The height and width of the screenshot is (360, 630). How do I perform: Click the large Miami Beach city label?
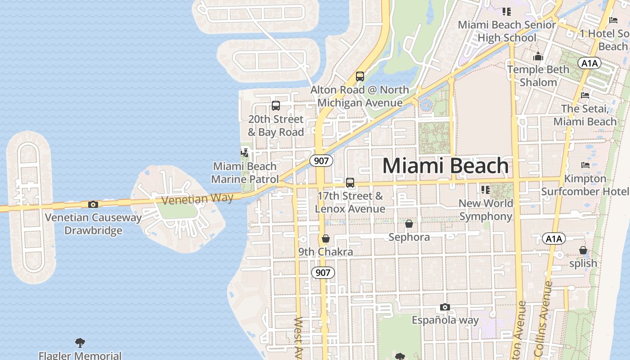(x=445, y=166)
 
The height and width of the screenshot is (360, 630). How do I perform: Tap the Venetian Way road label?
(x=197, y=198)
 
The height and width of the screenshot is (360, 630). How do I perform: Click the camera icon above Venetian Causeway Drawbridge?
(x=93, y=204)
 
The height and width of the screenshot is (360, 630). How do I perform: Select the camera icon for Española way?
(x=445, y=307)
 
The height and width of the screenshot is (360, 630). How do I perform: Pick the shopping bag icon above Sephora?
(x=409, y=224)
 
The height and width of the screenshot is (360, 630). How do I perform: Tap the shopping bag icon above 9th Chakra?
(x=326, y=238)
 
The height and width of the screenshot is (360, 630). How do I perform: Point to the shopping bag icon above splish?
(x=583, y=250)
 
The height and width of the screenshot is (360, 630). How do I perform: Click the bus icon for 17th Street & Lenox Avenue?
(x=350, y=183)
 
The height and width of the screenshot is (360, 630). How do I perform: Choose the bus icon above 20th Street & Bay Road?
(x=276, y=106)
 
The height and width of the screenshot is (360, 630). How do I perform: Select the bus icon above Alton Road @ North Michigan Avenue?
(x=360, y=76)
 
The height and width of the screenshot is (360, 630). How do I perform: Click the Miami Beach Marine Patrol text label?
(x=245, y=173)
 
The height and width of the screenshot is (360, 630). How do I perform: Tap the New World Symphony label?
(x=486, y=210)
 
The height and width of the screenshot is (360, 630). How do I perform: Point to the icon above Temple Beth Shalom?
(x=538, y=57)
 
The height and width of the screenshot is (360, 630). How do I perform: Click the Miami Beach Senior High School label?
(x=507, y=31)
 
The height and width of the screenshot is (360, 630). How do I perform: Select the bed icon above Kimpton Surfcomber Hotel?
(x=585, y=165)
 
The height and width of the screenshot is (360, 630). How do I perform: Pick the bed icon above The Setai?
(x=585, y=95)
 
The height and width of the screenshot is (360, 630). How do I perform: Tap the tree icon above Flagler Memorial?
(x=80, y=343)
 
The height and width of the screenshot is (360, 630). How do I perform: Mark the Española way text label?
(x=445, y=320)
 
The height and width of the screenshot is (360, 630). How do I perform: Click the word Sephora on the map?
(x=409, y=237)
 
